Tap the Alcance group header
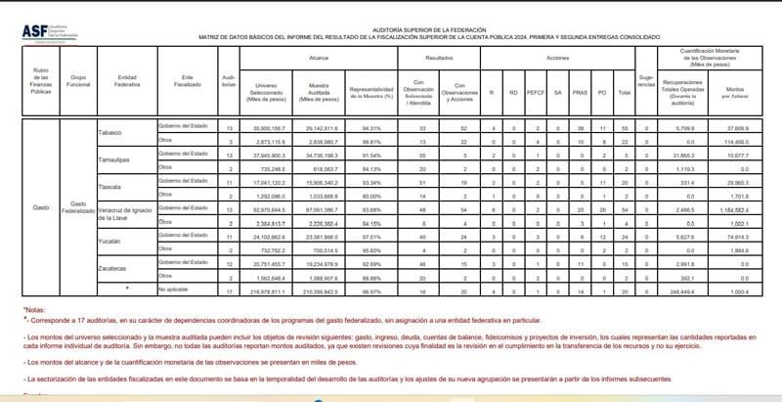click(x=319, y=59)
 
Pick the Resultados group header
click(x=438, y=59)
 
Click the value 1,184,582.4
click(x=740, y=209)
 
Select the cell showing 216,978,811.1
click(x=267, y=290)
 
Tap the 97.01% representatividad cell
click(x=370, y=236)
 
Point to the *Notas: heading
click(x=35, y=308)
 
